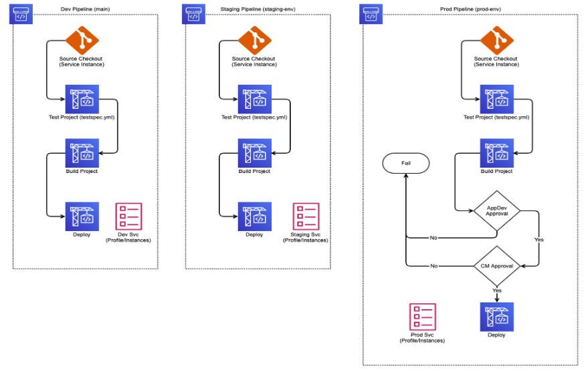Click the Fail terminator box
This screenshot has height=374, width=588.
click(405, 163)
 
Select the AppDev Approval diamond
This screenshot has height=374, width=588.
click(496, 212)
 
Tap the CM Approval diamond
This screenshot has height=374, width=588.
click(496, 266)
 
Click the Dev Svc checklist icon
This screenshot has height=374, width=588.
click(128, 216)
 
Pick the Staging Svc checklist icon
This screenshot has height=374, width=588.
click(306, 216)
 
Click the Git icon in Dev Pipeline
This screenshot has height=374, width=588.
click(82, 41)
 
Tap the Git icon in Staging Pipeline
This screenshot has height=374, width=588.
click(254, 41)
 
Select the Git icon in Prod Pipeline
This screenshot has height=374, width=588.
click(496, 41)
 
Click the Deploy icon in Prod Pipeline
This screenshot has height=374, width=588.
click(496, 317)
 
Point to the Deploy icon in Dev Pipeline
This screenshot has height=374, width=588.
click(82, 216)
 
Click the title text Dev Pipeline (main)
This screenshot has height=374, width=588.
click(81, 8)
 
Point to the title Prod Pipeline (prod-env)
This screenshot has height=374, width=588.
click(471, 8)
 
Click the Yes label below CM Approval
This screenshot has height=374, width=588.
click(497, 291)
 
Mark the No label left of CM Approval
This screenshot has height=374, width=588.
click(433, 266)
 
